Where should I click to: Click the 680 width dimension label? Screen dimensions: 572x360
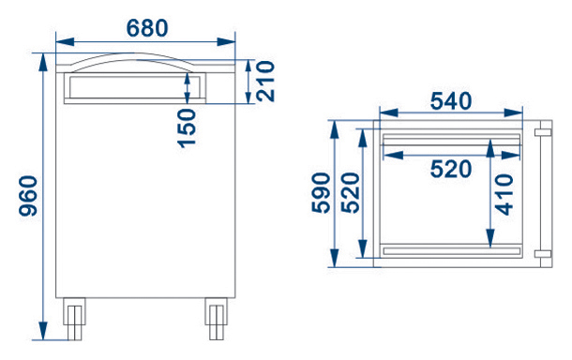pyautogui.click(x=147, y=28)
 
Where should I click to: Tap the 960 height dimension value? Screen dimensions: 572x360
pyautogui.click(x=28, y=196)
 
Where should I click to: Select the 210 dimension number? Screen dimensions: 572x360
pyautogui.click(x=265, y=81)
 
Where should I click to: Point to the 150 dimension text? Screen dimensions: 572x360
pyautogui.click(x=188, y=128)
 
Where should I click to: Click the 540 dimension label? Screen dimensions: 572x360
pyautogui.click(x=451, y=101)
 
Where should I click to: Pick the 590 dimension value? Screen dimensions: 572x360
pyautogui.click(x=321, y=193)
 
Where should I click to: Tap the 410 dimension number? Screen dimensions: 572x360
pyautogui.click(x=504, y=194)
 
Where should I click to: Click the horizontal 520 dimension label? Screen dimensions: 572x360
pyautogui.click(x=451, y=169)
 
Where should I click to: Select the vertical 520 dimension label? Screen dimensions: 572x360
pyautogui.click(x=351, y=193)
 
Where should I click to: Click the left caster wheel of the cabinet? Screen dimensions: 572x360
pyautogui.click(x=74, y=319)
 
